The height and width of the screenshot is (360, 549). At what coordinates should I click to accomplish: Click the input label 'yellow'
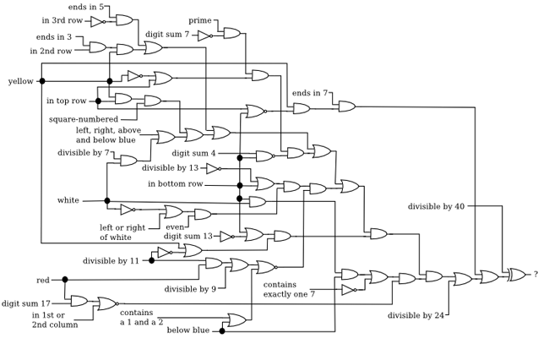pyautogui.click(x=21, y=81)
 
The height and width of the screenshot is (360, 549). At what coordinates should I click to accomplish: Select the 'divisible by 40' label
pyautogui.click(x=436, y=206)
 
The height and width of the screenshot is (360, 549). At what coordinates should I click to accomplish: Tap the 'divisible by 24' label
pyautogui.click(x=416, y=315)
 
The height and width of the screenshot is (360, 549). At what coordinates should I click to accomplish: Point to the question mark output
pyautogui.click(x=535, y=274)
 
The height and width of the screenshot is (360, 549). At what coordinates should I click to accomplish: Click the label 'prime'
pyautogui.click(x=200, y=20)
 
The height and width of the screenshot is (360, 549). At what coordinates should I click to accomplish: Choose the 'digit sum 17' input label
pyautogui.click(x=26, y=303)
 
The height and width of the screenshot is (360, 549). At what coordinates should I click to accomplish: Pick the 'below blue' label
pyautogui.click(x=188, y=330)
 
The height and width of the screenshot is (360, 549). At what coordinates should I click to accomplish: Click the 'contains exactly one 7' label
pyautogui.click(x=289, y=289)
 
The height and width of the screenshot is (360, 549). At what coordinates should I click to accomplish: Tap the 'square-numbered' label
pyautogui.click(x=84, y=119)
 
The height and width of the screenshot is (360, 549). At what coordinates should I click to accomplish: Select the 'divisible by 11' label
pyautogui.click(x=111, y=261)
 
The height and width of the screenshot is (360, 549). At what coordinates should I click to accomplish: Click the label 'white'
pyautogui.click(x=68, y=200)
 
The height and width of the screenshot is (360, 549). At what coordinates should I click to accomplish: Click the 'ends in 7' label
pyautogui.click(x=310, y=93)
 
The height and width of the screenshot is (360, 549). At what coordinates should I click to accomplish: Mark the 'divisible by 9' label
pyautogui.click(x=190, y=289)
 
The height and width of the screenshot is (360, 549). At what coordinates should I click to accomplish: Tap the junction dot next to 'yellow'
pyautogui.click(x=42, y=81)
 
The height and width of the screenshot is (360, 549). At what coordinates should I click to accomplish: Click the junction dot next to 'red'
pyautogui.click(x=65, y=280)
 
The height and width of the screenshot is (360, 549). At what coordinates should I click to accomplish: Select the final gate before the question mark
pyautogui.click(x=516, y=275)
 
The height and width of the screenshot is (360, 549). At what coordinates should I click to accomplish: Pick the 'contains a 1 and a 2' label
pyautogui.click(x=142, y=317)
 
